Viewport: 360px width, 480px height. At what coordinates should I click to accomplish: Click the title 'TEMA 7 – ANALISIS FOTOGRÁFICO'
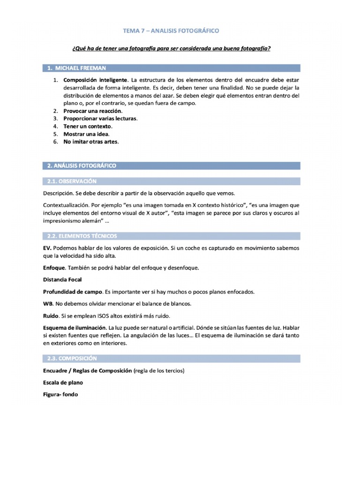pyautogui.click(x=171, y=31)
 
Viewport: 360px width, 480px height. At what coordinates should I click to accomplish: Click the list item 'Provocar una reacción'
pyautogui.click(x=92, y=111)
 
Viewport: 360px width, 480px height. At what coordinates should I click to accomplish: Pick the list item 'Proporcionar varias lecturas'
pyautogui.click(x=100, y=119)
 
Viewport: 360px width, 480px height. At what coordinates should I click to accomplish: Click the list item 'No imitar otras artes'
pyautogui.click(x=91, y=142)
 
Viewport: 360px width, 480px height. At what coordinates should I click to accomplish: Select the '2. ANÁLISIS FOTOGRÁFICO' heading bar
pyautogui.click(x=82, y=165)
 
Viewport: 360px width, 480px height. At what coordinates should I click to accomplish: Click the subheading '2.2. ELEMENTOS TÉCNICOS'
pyautogui.click(x=82, y=236)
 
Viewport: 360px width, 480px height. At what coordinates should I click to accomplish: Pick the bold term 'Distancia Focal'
pyautogui.click(x=62, y=279)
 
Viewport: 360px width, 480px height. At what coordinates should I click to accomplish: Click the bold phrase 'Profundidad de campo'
pyautogui.click(x=71, y=292)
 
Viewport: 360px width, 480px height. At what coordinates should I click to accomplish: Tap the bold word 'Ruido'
pyautogui.click(x=51, y=315)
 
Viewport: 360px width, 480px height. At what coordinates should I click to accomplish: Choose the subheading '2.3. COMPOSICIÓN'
pyautogui.click(x=72, y=358)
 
